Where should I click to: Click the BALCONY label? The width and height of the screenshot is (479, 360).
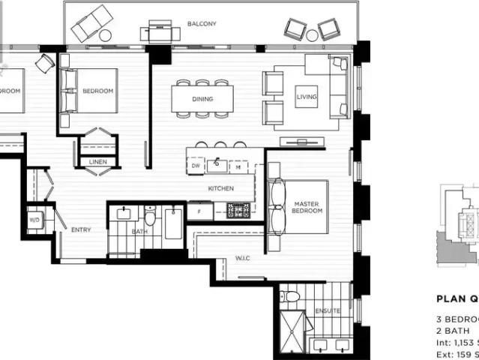click(202, 24)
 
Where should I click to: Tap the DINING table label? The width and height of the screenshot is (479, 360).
click(202, 99)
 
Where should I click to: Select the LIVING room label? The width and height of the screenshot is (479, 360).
click(307, 97)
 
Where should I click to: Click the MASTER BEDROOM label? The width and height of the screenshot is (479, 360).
click(307, 207)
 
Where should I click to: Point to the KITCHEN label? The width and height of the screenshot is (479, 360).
click(221, 188)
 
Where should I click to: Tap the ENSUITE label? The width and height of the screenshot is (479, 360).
click(327, 310)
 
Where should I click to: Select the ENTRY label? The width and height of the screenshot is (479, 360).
click(81, 230)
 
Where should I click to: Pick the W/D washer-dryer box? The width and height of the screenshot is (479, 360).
click(35, 221)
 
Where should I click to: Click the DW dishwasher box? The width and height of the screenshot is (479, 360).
click(196, 165)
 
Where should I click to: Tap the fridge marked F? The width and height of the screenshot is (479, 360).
click(199, 212)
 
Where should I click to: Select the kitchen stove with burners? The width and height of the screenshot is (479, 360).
click(238, 210)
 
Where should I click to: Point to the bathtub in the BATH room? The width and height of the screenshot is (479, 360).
click(172, 223)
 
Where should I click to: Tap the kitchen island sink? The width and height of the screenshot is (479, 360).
click(219, 163)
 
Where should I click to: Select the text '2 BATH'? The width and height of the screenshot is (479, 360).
click(454, 331)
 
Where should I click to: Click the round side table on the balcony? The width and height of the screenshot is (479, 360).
click(105, 35)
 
